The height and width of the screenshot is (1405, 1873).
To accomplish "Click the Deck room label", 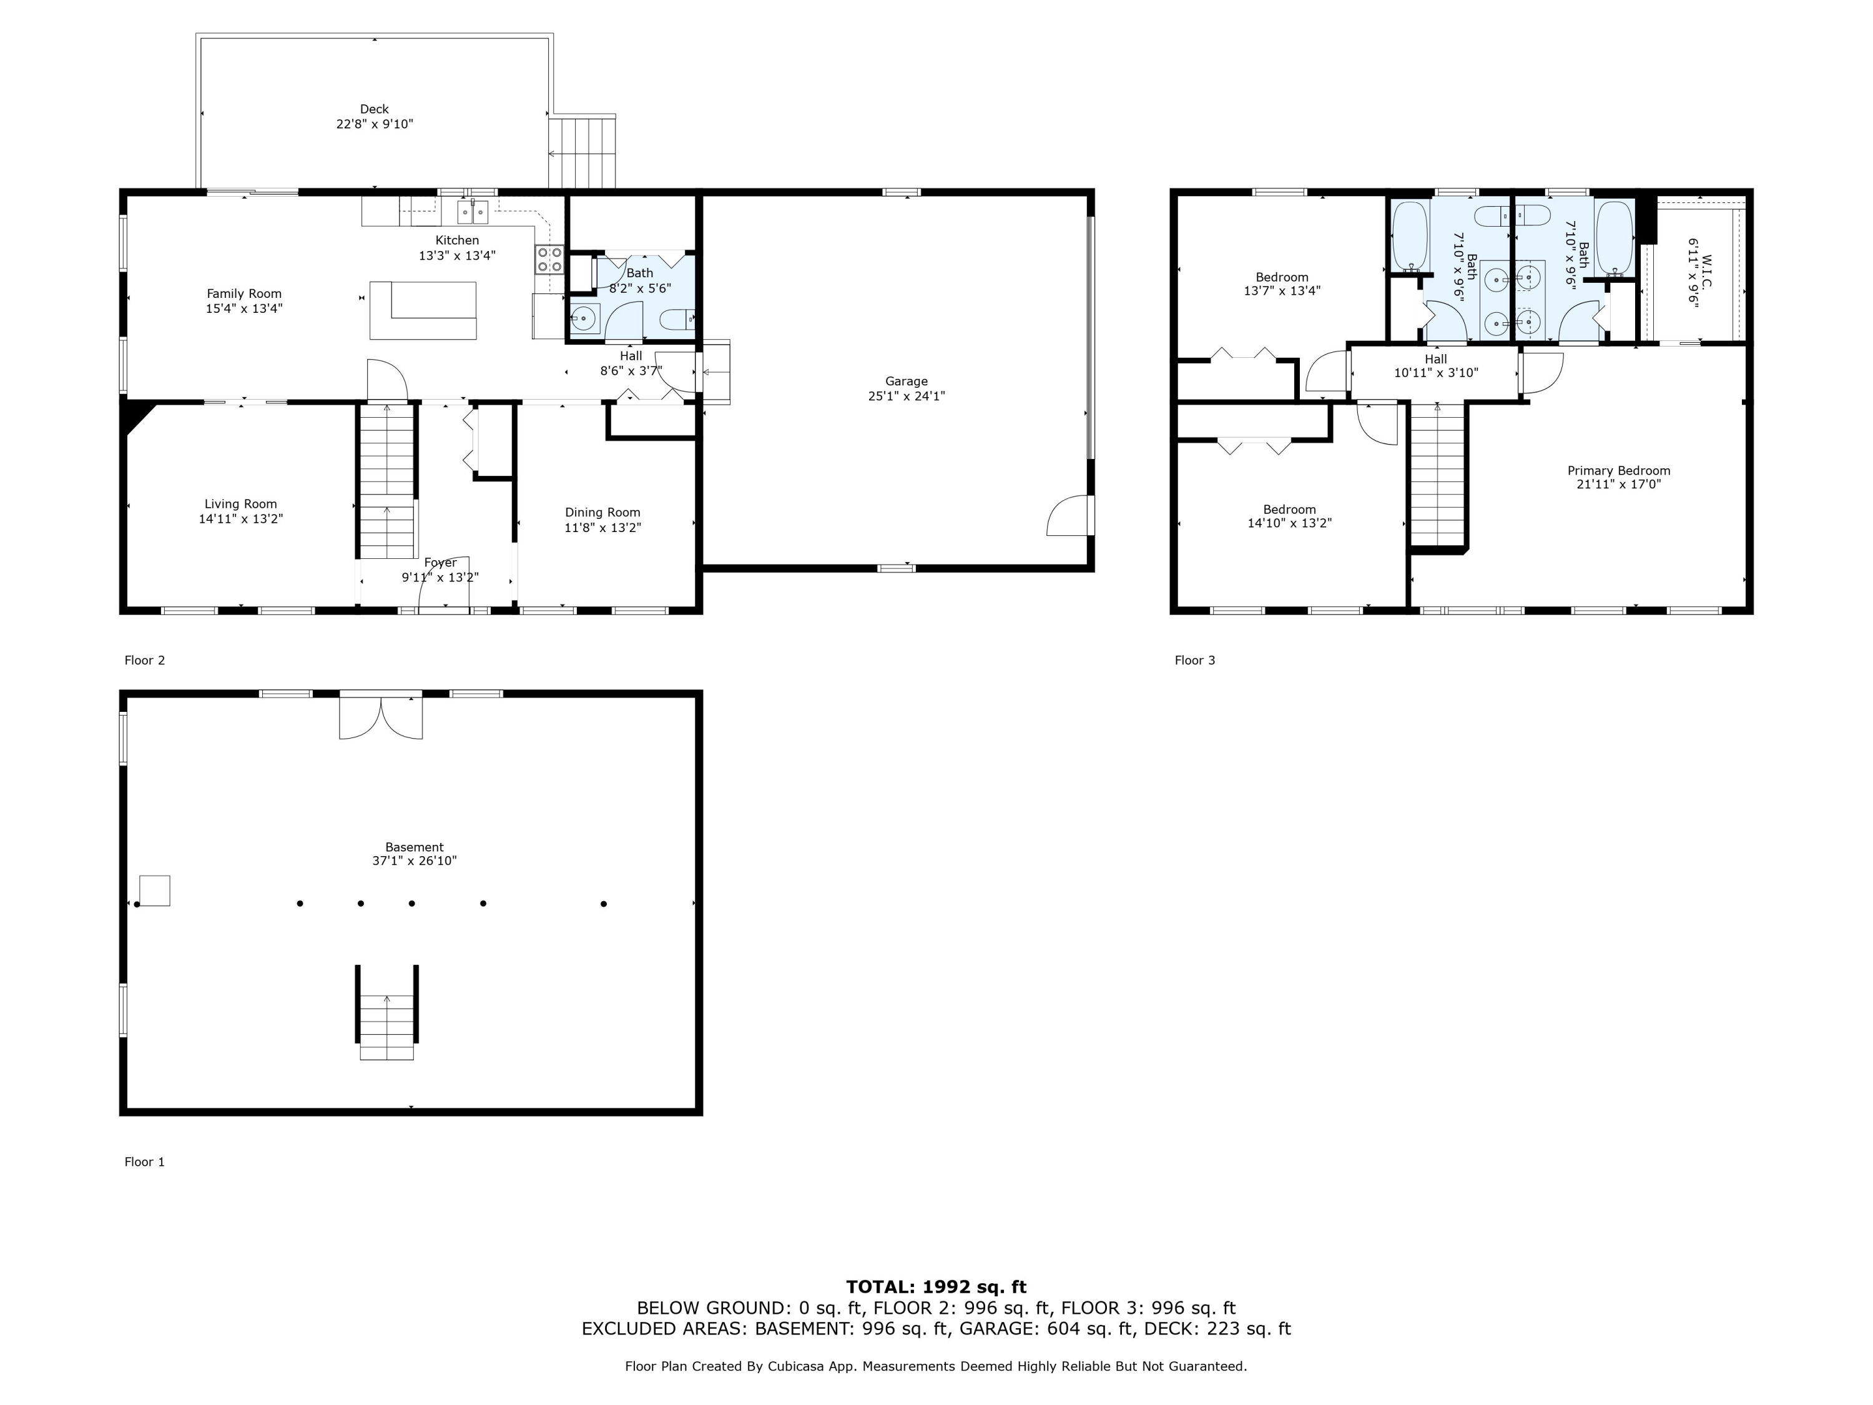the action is click(374, 109).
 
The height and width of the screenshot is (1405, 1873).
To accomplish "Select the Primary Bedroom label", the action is click(1618, 471).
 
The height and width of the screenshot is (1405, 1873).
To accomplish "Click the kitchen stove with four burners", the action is click(549, 259).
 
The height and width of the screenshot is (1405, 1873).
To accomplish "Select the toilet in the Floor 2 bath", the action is click(677, 319).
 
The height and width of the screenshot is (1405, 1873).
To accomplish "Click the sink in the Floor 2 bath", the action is click(584, 319).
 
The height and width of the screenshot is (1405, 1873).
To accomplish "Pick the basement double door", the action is click(381, 716).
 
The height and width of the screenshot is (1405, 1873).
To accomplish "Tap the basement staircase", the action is click(387, 1012).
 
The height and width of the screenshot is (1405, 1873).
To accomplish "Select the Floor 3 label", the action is click(1195, 661).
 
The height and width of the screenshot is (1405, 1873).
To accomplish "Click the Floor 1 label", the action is click(145, 1162).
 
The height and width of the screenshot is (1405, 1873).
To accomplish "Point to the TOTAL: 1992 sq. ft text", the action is click(936, 1287).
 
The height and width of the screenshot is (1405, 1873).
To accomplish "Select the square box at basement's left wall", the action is click(154, 891).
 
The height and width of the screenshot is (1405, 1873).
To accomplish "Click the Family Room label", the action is click(244, 294).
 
